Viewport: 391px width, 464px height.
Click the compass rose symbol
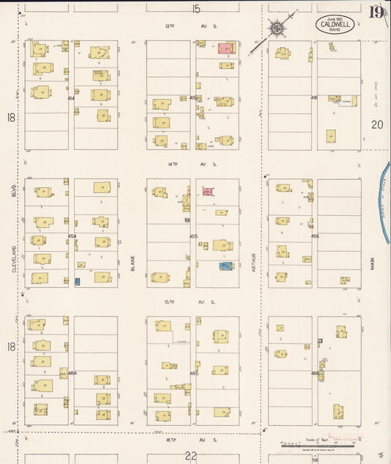pos(278,29)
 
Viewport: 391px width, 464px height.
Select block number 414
pos(72,98)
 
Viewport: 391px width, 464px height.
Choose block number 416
pos(314,98)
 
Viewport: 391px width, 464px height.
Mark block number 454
pos(72,236)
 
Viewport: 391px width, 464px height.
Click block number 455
pos(194,236)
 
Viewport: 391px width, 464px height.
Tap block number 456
pos(314,236)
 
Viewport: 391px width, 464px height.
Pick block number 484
pos(72,373)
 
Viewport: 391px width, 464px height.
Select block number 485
pos(194,373)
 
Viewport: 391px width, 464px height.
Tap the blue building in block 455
pos(226,266)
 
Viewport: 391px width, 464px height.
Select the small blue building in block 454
pos(77,281)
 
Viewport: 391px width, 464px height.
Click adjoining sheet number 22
pos(191,456)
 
